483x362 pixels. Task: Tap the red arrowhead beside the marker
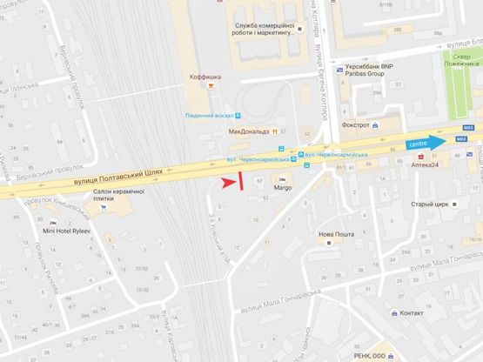pyautogui.click(x=228, y=182)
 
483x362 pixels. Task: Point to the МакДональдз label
pyautogui.click(x=248, y=131)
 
